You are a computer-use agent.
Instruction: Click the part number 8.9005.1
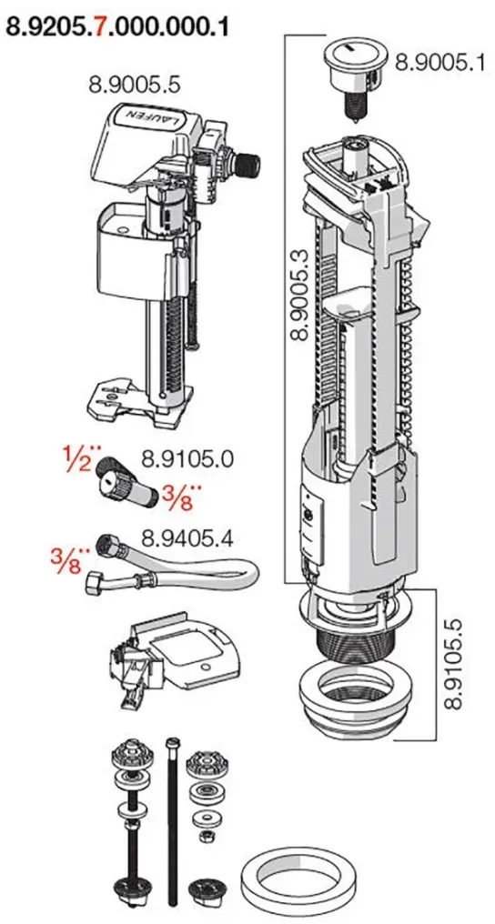pyautogui.click(x=438, y=61)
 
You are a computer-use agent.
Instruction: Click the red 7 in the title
pyautogui.click(x=101, y=26)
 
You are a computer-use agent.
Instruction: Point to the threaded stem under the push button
pyautogui.click(x=352, y=104)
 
